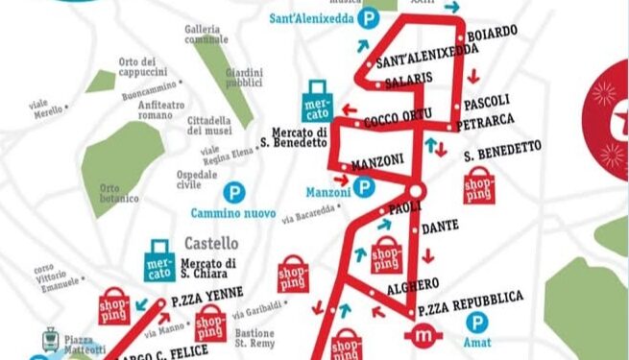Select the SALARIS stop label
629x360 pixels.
(408, 77)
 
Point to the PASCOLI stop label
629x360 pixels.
(487, 101)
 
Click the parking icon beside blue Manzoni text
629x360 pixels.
(363, 187)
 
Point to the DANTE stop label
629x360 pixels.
(443, 227)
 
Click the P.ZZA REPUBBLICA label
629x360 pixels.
(472, 299)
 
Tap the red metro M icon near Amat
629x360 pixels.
(423, 336)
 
